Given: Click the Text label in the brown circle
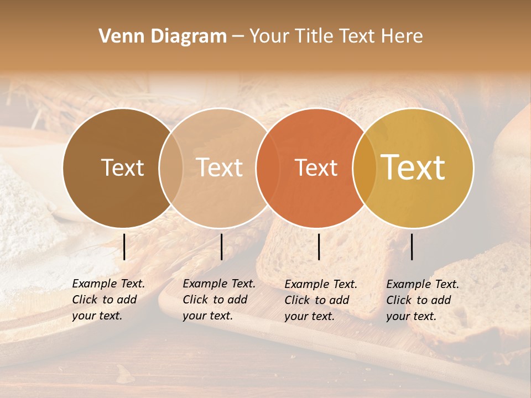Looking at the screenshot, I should coord(122,167).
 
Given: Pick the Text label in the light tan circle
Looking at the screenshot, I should coord(219,167).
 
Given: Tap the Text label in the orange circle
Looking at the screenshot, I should coord(316,167).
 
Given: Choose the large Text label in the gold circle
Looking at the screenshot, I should coord(413,167).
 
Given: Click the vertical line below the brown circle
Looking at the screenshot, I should coord(124,247).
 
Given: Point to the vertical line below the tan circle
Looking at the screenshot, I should coord(221,247).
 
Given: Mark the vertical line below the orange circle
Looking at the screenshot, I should coord(319,247).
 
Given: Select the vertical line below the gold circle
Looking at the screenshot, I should coord(412,247).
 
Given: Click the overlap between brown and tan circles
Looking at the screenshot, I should coord(171,167).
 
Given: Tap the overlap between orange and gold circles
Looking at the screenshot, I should coord(365,167).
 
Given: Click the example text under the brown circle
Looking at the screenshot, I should coord(108,300).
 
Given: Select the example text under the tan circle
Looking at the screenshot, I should coord(219,300).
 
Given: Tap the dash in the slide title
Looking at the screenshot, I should coord(238,36).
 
